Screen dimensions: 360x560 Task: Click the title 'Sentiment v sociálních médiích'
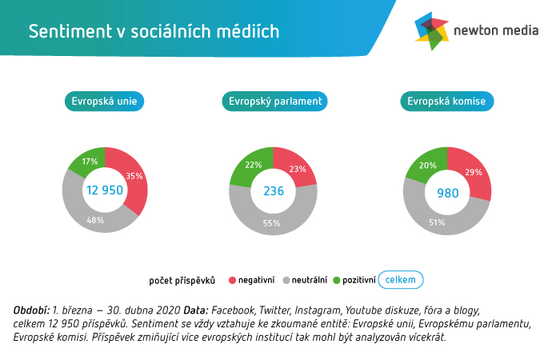[154, 31]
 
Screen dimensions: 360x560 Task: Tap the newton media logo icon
[431, 31]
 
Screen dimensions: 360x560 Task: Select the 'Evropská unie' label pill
[104, 102]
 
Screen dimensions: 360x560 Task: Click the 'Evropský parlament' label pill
[274, 102]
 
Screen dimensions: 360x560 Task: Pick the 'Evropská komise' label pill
[446, 102]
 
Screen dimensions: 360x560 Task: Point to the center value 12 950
[105, 190]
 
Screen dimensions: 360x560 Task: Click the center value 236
[274, 191]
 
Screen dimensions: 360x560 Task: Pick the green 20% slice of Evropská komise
[425, 164]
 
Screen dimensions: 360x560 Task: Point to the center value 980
[447, 193]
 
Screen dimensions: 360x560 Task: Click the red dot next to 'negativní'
[233, 280]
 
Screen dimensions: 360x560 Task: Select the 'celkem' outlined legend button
[400, 279]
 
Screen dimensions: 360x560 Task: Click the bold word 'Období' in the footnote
[31, 310]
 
